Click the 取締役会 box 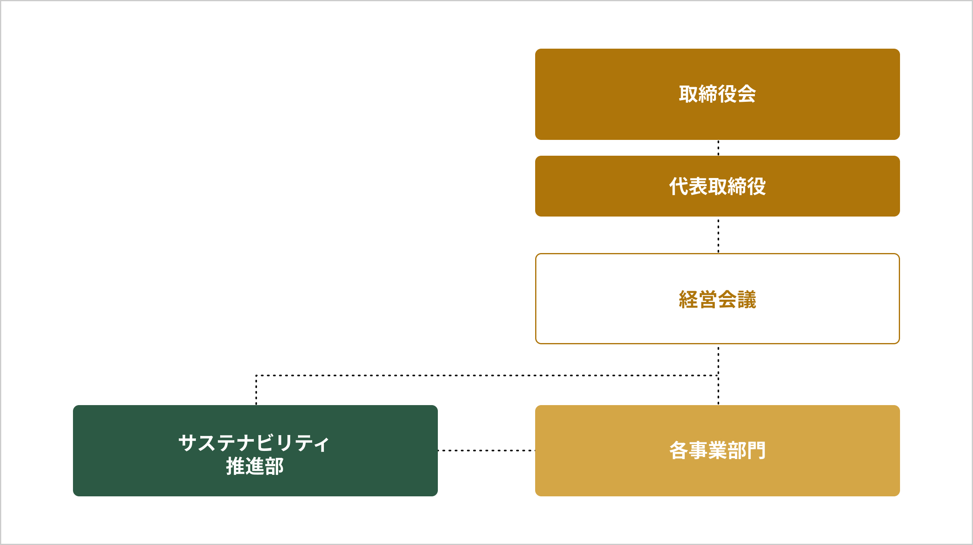[718, 94]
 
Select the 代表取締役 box [718, 186]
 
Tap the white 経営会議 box [718, 299]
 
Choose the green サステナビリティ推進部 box [255, 451]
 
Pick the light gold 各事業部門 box [718, 451]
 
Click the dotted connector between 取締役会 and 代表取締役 [718, 148]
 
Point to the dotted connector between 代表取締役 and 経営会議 [718, 235]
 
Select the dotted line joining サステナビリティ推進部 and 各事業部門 [486, 451]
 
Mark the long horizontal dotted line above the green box [487, 375]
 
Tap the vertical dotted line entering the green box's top [256, 390]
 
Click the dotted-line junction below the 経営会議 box [718, 375]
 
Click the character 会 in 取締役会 [746, 94]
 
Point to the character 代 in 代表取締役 [679, 186]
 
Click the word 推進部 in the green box [255, 466]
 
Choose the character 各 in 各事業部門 [679, 451]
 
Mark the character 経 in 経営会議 [688, 300]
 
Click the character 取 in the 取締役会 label [688, 94]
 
